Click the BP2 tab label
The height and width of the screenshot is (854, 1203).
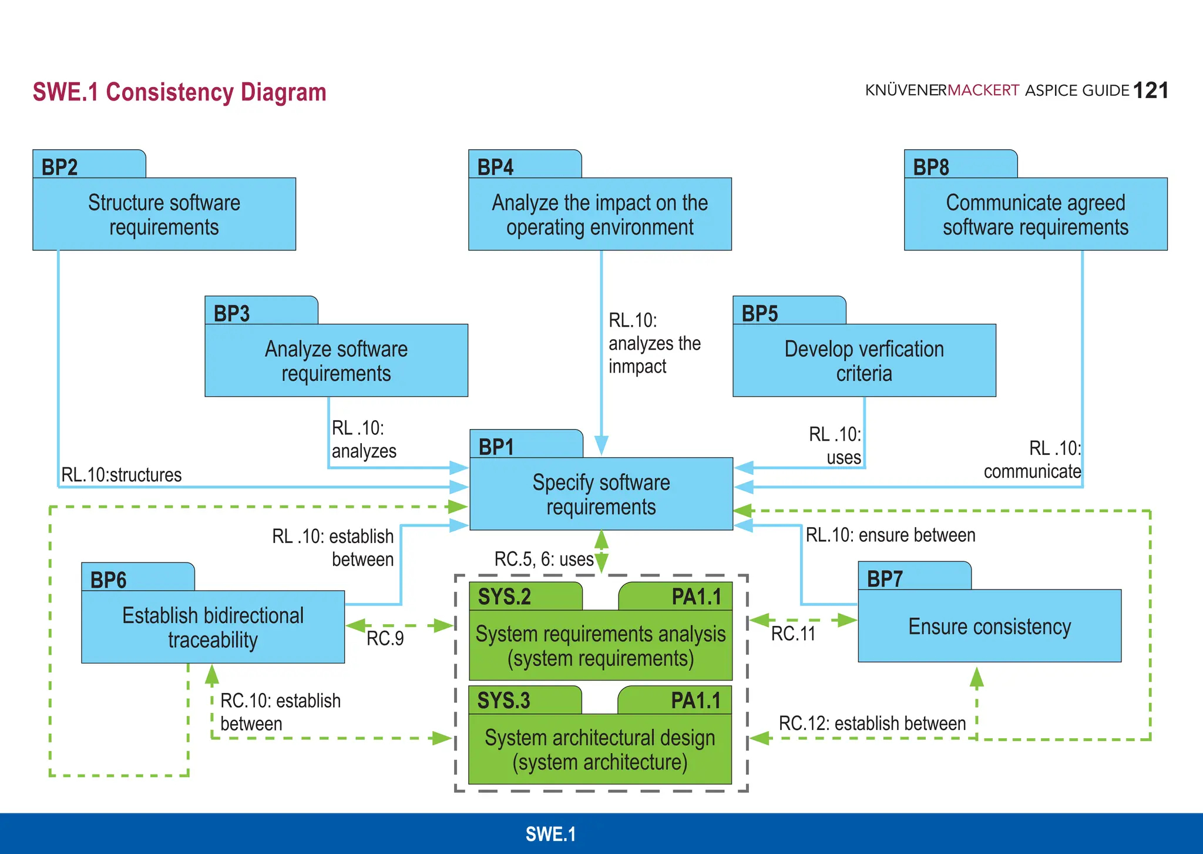60,168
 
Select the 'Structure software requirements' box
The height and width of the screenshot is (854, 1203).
164,215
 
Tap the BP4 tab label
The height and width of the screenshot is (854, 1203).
495,168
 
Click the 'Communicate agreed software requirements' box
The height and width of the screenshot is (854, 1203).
1036,215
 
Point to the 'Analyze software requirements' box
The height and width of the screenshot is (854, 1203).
336,361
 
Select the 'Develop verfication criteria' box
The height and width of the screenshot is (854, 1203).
864,361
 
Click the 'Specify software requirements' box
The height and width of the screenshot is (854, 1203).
601,494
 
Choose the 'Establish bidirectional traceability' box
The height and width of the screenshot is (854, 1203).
213,627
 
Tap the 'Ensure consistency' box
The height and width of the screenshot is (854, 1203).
989,627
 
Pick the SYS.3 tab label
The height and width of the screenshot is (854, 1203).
503,701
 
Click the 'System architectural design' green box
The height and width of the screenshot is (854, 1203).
600,749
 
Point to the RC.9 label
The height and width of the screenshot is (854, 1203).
385,638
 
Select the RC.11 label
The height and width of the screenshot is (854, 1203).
793,634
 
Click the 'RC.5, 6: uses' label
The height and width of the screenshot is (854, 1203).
544,559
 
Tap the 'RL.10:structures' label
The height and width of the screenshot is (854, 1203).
122,475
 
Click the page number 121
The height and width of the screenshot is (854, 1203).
1150,91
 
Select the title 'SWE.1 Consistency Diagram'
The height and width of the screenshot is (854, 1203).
179,92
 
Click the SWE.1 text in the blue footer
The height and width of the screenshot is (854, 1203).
550,834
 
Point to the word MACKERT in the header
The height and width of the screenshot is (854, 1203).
983,91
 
